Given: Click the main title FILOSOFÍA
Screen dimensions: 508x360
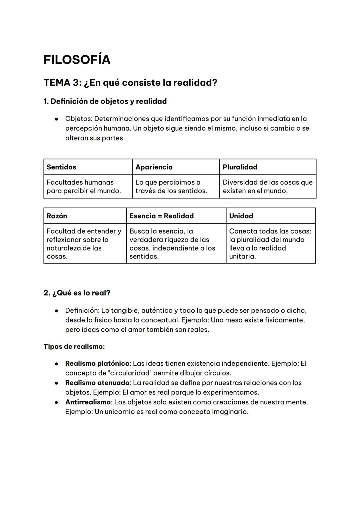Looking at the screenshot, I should pyautogui.click(x=77, y=60).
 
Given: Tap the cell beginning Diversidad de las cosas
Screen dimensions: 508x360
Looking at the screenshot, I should pyautogui.click(x=267, y=187).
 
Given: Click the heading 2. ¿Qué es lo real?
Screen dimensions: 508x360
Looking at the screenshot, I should pyautogui.click(x=77, y=293).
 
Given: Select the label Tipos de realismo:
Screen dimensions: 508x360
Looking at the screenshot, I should pyautogui.click(x=74, y=346).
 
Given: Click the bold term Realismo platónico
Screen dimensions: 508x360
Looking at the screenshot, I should pyautogui.click(x=97, y=363).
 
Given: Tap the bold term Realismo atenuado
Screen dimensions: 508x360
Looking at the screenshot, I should pyautogui.click(x=97, y=383).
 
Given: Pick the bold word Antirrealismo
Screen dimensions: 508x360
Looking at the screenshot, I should pyautogui.click(x=88, y=402).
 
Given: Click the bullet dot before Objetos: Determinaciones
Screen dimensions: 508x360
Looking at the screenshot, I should pyautogui.click(x=57, y=119).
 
